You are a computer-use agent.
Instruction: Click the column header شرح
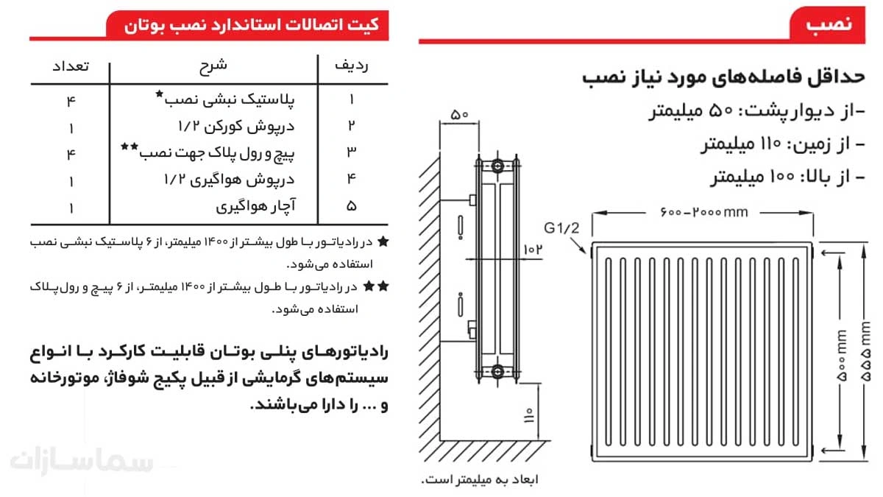tap(213, 66)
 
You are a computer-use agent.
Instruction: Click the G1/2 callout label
tap(562, 227)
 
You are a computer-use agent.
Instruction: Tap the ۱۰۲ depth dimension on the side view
tap(533, 250)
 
